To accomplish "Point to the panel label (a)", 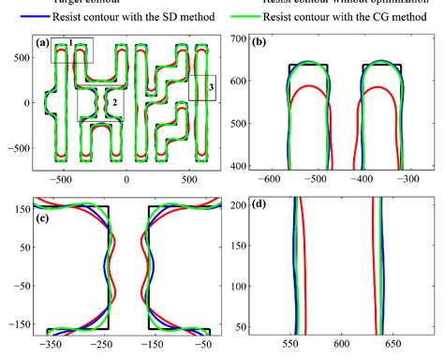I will pyautogui.click(x=42, y=43).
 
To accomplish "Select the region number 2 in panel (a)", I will pyautogui.click(x=114, y=101).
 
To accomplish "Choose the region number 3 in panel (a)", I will pyautogui.click(x=211, y=87).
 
